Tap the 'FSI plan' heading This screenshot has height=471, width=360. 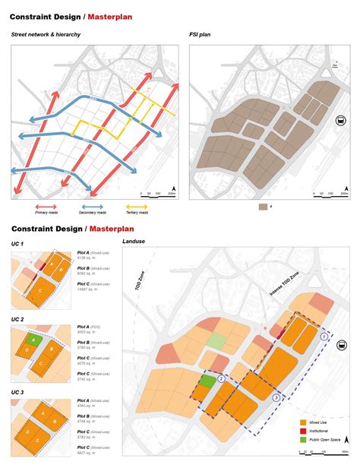click(x=201, y=35)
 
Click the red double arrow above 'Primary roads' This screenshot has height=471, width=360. click(x=46, y=206)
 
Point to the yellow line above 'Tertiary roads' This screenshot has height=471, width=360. click(x=137, y=206)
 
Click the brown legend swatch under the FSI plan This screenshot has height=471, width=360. click(x=262, y=207)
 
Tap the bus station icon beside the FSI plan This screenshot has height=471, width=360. click(x=341, y=119)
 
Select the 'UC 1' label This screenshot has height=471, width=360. click(x=17, y=243)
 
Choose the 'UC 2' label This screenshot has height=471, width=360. click(x=17, y=319)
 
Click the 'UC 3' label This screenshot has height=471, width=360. click(x=17, y=393)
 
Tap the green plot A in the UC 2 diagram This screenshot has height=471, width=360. click(x=33, y=340)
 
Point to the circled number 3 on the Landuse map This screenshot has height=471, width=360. click(x=276, y=396)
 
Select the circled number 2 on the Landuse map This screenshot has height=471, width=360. click(x=221, y=378)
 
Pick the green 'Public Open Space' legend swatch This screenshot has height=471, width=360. click(x=282, y=439)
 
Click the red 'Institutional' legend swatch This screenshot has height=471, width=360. click(x=282, y=430)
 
